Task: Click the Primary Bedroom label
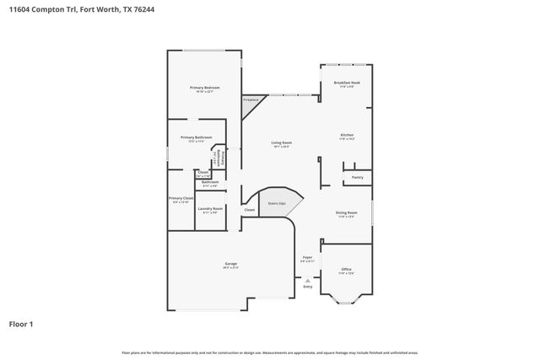[x=204, y=89]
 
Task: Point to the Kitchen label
[x=347, y=135]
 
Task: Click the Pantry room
[x=357, y=178]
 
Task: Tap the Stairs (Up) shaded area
[x=276, y=203]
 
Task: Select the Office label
[x=346, y=269]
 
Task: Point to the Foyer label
[x=308, y=258]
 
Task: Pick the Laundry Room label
[x=210, y=208]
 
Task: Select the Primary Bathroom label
[x=196, y=137]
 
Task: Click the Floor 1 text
[x=21, y=324]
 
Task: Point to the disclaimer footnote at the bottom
[x=269, y=352]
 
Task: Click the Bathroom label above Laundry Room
[x=210, y=182]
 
